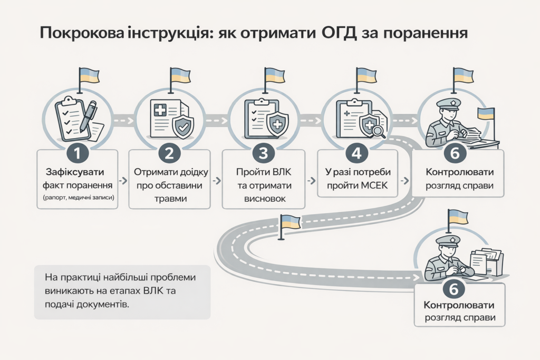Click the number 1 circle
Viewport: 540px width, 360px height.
78,153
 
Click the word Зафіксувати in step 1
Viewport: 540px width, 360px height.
78,172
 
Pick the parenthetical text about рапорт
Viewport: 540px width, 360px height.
78,198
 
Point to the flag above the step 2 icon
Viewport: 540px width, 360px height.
179,76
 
